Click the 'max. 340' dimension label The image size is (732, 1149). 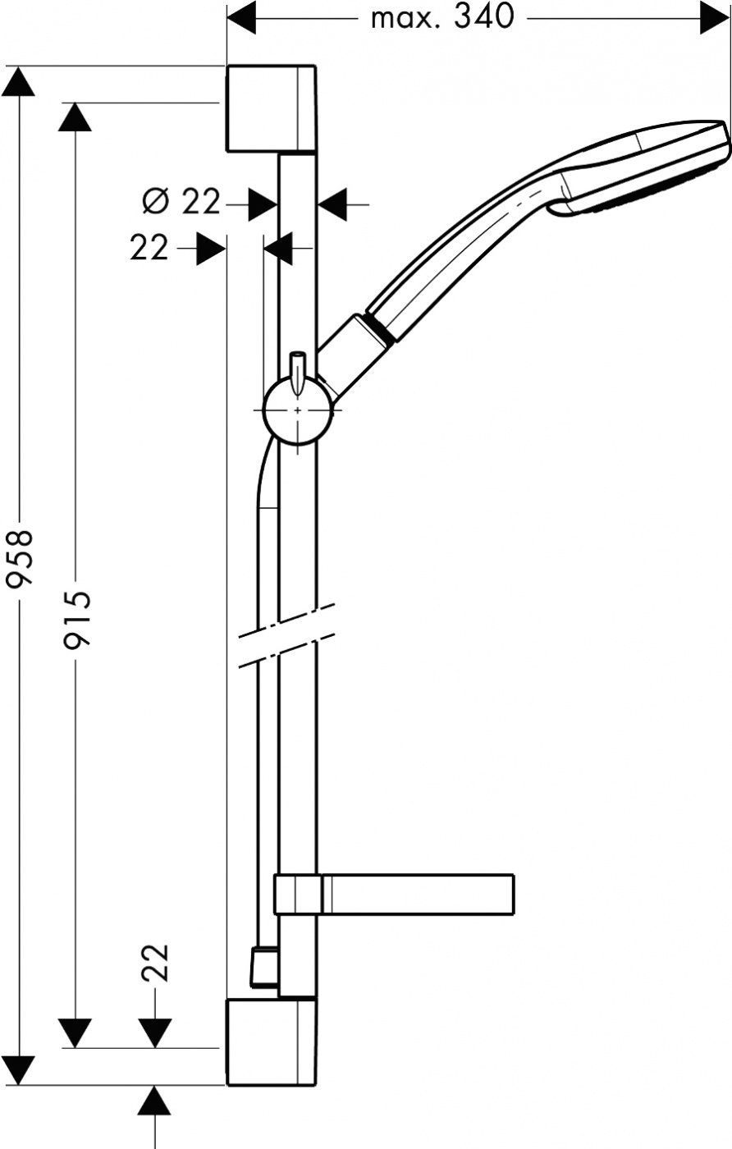[441, 19]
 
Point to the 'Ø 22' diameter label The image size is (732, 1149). [181, 203]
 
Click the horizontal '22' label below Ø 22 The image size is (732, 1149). [149, 248]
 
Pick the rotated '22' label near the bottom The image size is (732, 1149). [156, 962]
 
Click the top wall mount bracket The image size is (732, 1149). [271, 109]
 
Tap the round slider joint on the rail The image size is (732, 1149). [298, 410]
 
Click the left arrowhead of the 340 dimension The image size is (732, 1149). [241, 19]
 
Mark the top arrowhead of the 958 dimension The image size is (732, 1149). [19, 81]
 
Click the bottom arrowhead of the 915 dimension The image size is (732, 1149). [75, 1033]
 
